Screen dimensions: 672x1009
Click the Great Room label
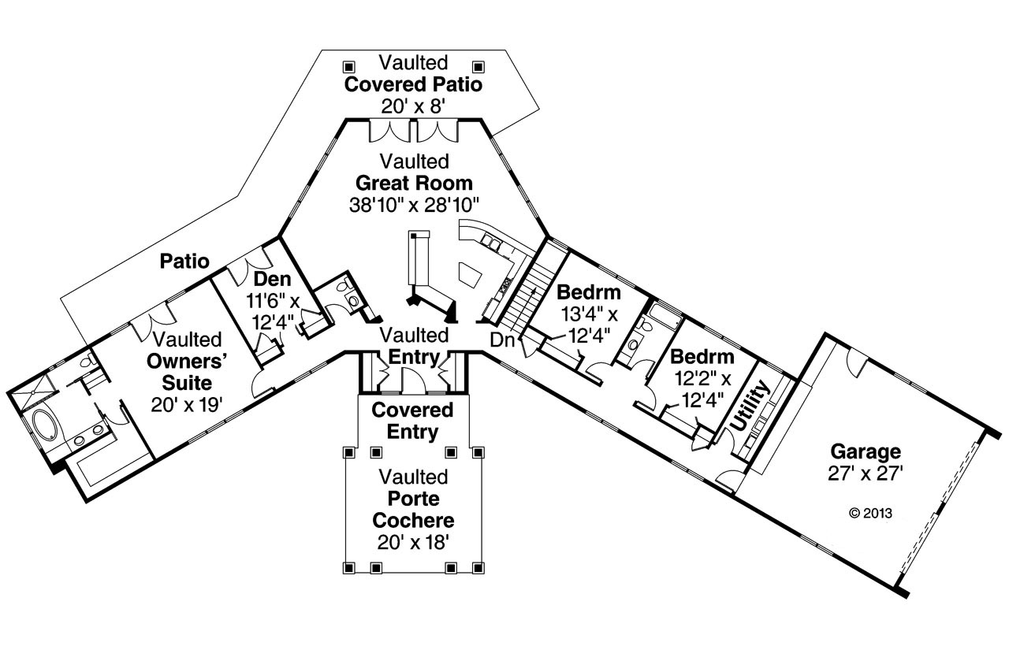coord(414,184)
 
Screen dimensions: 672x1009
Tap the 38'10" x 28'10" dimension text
coord(414,205)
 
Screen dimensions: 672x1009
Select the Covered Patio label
coord(414,84)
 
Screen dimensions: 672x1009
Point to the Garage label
coord(865,451)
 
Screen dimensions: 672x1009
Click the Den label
coord(272,279)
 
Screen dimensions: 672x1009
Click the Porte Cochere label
coord(413,510)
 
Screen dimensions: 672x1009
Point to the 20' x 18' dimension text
coord(413,542)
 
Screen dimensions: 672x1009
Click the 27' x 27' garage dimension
coord(865,473)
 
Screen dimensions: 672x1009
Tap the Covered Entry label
coord(413,421)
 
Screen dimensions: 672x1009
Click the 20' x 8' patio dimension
coord(414,106)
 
